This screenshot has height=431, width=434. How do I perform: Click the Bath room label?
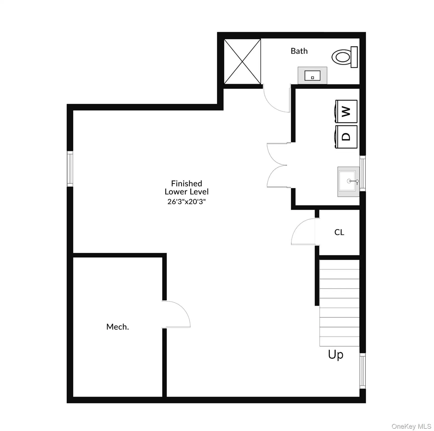[299, 51]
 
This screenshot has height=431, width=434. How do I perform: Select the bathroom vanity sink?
[312, 75]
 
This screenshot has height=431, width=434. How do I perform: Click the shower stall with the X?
[242, 61]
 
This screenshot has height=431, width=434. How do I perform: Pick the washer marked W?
[346, 111]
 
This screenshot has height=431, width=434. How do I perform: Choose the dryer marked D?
[346, 137]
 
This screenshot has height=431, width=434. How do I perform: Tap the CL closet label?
[339, 232]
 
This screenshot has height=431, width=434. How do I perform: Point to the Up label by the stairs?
[336, 355]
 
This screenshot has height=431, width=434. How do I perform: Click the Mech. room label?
[118, 327]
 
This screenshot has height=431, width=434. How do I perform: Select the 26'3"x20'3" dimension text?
[187, 201]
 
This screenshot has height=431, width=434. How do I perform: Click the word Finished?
[187, 184]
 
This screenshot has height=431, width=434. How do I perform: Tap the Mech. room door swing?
[177, 314]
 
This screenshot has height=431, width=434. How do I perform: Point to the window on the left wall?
[70, 169]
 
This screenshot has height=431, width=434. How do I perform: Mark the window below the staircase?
[362, 370]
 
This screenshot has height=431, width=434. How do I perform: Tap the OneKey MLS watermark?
[411, 426]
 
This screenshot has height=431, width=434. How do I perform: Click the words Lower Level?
[187, 192]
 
